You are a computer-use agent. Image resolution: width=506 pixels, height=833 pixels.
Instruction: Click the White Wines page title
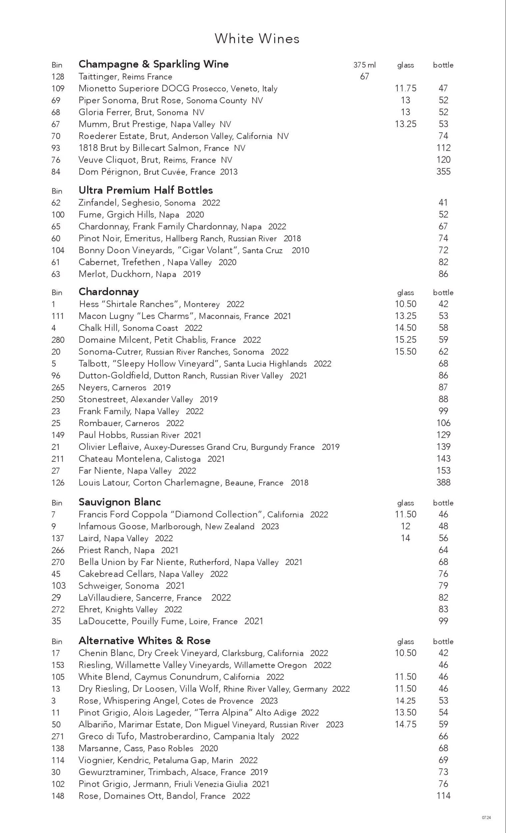(x=257, y=39)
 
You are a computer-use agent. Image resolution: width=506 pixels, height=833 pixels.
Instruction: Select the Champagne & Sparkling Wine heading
(x=154, y=64)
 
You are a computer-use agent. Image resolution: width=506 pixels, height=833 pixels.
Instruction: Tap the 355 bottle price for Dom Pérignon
(x=443, y=171)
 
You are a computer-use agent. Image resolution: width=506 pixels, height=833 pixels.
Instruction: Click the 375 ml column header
(x=364, y=65)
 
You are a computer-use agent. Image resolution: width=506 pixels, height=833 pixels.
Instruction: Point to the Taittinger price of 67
(x=364, y=76)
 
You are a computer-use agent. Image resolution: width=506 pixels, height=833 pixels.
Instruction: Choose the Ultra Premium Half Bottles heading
(x=145, y=190)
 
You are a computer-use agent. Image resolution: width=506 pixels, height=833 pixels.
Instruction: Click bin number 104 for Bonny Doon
(x=58, y=250)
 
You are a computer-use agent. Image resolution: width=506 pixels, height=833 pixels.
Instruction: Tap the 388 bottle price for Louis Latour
(x=443, y=482)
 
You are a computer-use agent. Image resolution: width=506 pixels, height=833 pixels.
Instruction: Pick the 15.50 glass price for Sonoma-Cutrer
(x=405, y=352)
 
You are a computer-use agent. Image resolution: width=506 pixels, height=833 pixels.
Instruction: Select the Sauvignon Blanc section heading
(x=119, y=502)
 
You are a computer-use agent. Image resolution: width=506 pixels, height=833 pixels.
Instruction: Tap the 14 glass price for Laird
(x=405, y=538)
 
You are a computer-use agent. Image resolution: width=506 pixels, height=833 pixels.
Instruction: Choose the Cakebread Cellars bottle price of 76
(x=443, y=574)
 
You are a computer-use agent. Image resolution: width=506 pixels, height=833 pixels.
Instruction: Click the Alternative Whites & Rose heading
(x=144, y=641)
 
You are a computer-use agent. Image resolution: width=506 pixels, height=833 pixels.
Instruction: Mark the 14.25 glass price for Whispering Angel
(x=405, y=701)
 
